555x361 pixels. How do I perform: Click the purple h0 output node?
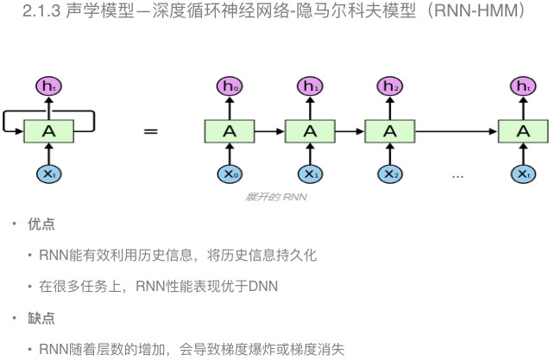click(230, 85)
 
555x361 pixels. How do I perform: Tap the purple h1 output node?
click(310, 85)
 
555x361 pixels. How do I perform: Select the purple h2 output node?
click(390, 85)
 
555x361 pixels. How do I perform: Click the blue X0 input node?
click(230, 174)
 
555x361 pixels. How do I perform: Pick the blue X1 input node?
click(310, 174)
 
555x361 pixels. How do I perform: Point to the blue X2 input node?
click(390, 174)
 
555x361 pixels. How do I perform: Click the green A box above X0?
click(230, 130)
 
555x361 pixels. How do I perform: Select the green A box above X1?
click(310, 130)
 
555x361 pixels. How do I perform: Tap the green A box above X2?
click(390, 130)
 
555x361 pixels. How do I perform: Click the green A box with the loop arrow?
click(48, 130)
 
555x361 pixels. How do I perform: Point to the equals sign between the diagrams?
click(151, 131)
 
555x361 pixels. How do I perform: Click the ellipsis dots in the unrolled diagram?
click(457, 176)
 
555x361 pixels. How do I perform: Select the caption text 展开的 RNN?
click(277, 197)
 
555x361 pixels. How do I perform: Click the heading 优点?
click(41, 225)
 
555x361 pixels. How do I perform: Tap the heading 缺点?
click(41, 318)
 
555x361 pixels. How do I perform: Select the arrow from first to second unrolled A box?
click(269, 131)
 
